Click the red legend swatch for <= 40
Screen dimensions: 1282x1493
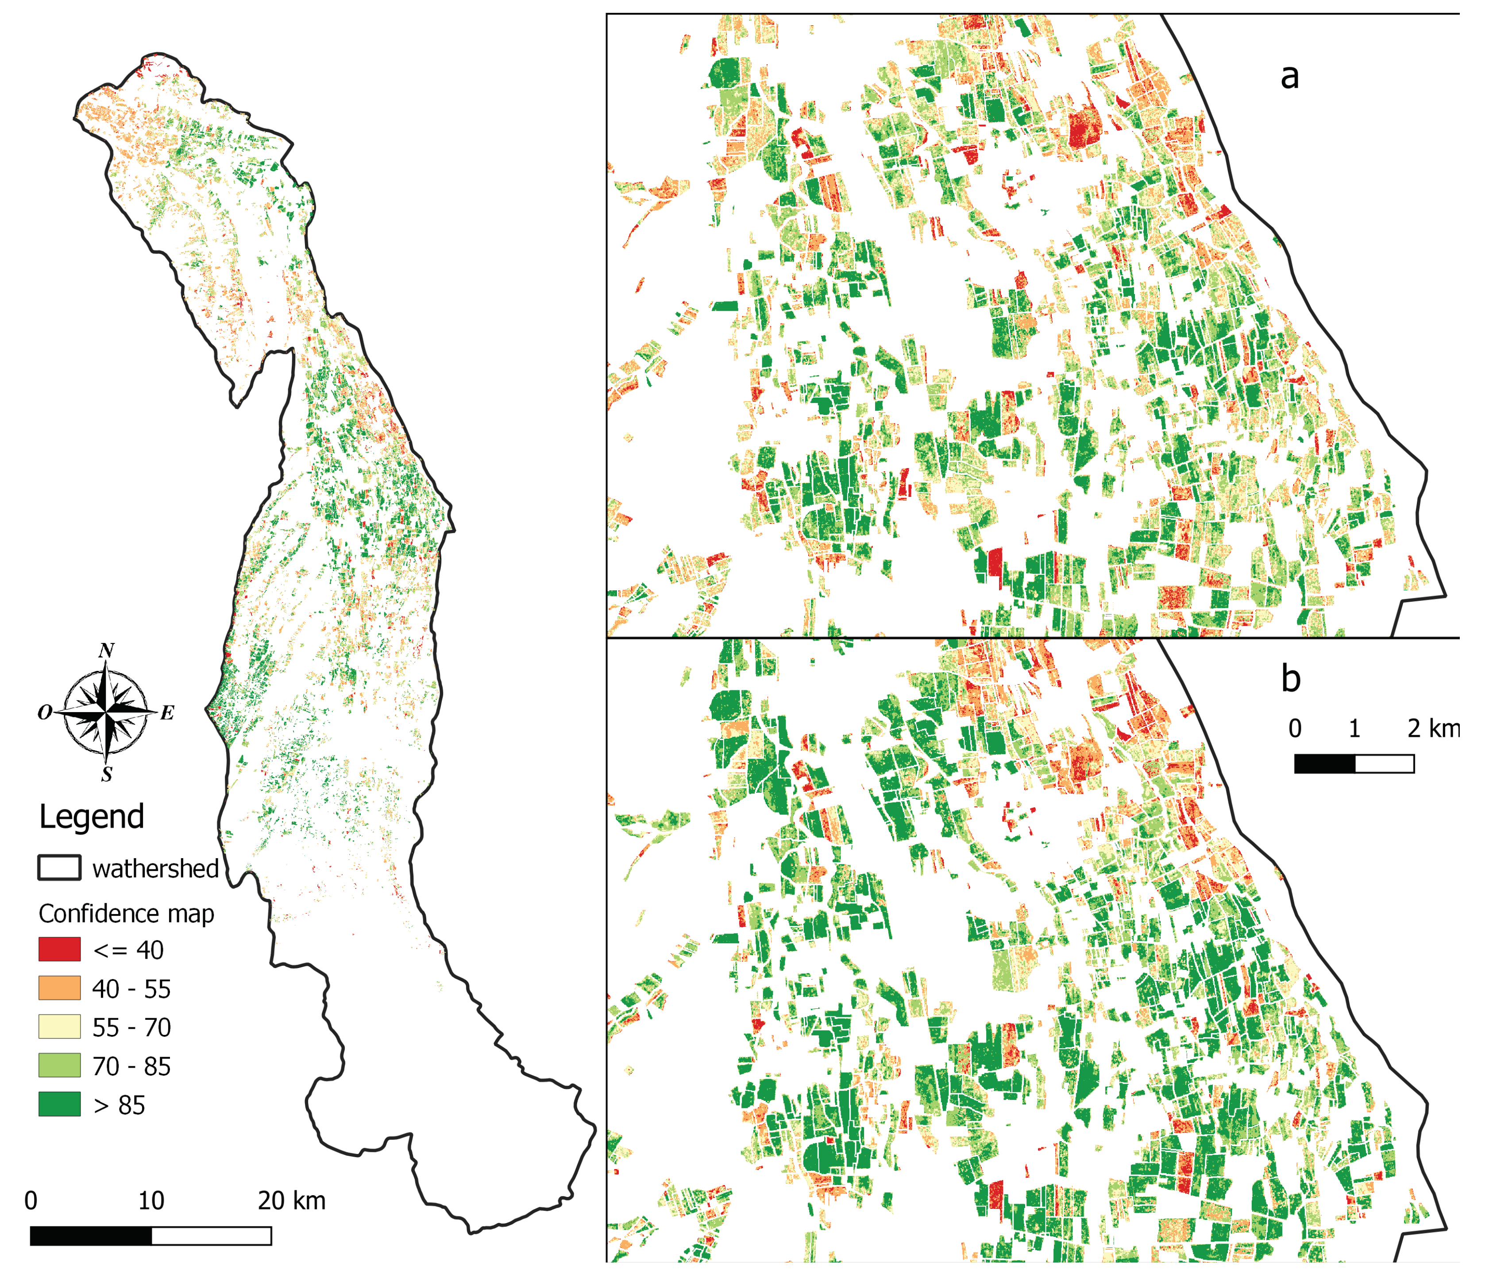click(59, 949)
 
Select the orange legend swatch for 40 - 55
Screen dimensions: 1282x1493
click(59, 988)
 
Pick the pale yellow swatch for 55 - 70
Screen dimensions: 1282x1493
click(59, 1027)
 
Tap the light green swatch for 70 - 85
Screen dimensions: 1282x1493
click(59, 1066)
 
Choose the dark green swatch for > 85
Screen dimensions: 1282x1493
click(59, 1104)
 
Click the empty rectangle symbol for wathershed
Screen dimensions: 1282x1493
click(59, 868)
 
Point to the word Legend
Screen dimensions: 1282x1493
click(92, 817)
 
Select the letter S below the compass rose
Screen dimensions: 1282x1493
click(107, 775)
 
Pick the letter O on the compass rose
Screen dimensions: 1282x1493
click(45, 713)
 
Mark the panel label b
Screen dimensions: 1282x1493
click(1291, 678)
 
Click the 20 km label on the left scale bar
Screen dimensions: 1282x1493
click(291, 1201)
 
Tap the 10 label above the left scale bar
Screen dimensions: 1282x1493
click(151, 1201)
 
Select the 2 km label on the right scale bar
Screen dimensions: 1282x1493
click(1432, 728)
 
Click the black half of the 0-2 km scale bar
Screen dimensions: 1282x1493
click(1324, 763)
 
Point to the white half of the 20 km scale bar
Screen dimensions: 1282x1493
click(211, 1236)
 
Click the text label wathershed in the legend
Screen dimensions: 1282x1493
click(155, 869)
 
